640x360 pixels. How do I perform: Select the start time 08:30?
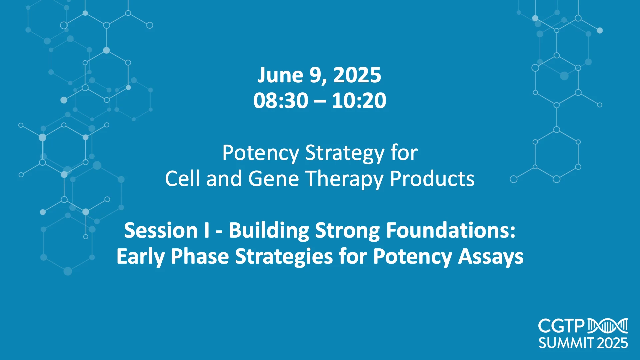click(x=281, y=100)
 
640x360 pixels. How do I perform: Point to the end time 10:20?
click(x=359, y=100)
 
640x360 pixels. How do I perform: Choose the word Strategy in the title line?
click(x=345, y=153)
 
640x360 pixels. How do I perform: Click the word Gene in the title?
click(x=273, y=179)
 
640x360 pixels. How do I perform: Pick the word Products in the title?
click(x=432, y=179)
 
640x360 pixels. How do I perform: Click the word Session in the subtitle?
click(x=161, y=230)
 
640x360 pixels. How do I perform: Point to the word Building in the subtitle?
click(x=269, y=231)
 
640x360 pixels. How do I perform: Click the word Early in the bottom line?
click(x=140, y=257)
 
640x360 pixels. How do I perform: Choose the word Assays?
click(x=491, y=257)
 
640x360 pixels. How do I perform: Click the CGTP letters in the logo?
click(x=561, y=326)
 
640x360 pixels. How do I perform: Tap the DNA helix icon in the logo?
click(x=608, y=326)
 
